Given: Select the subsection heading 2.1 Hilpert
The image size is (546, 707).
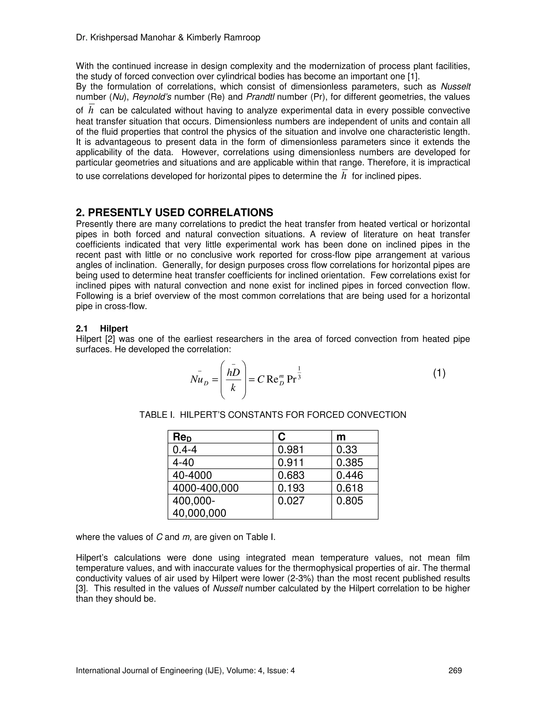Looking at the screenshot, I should click(102, 329).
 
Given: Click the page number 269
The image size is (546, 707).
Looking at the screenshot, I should click(455, 670).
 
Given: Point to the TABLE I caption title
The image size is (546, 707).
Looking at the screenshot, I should click(273, 415).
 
